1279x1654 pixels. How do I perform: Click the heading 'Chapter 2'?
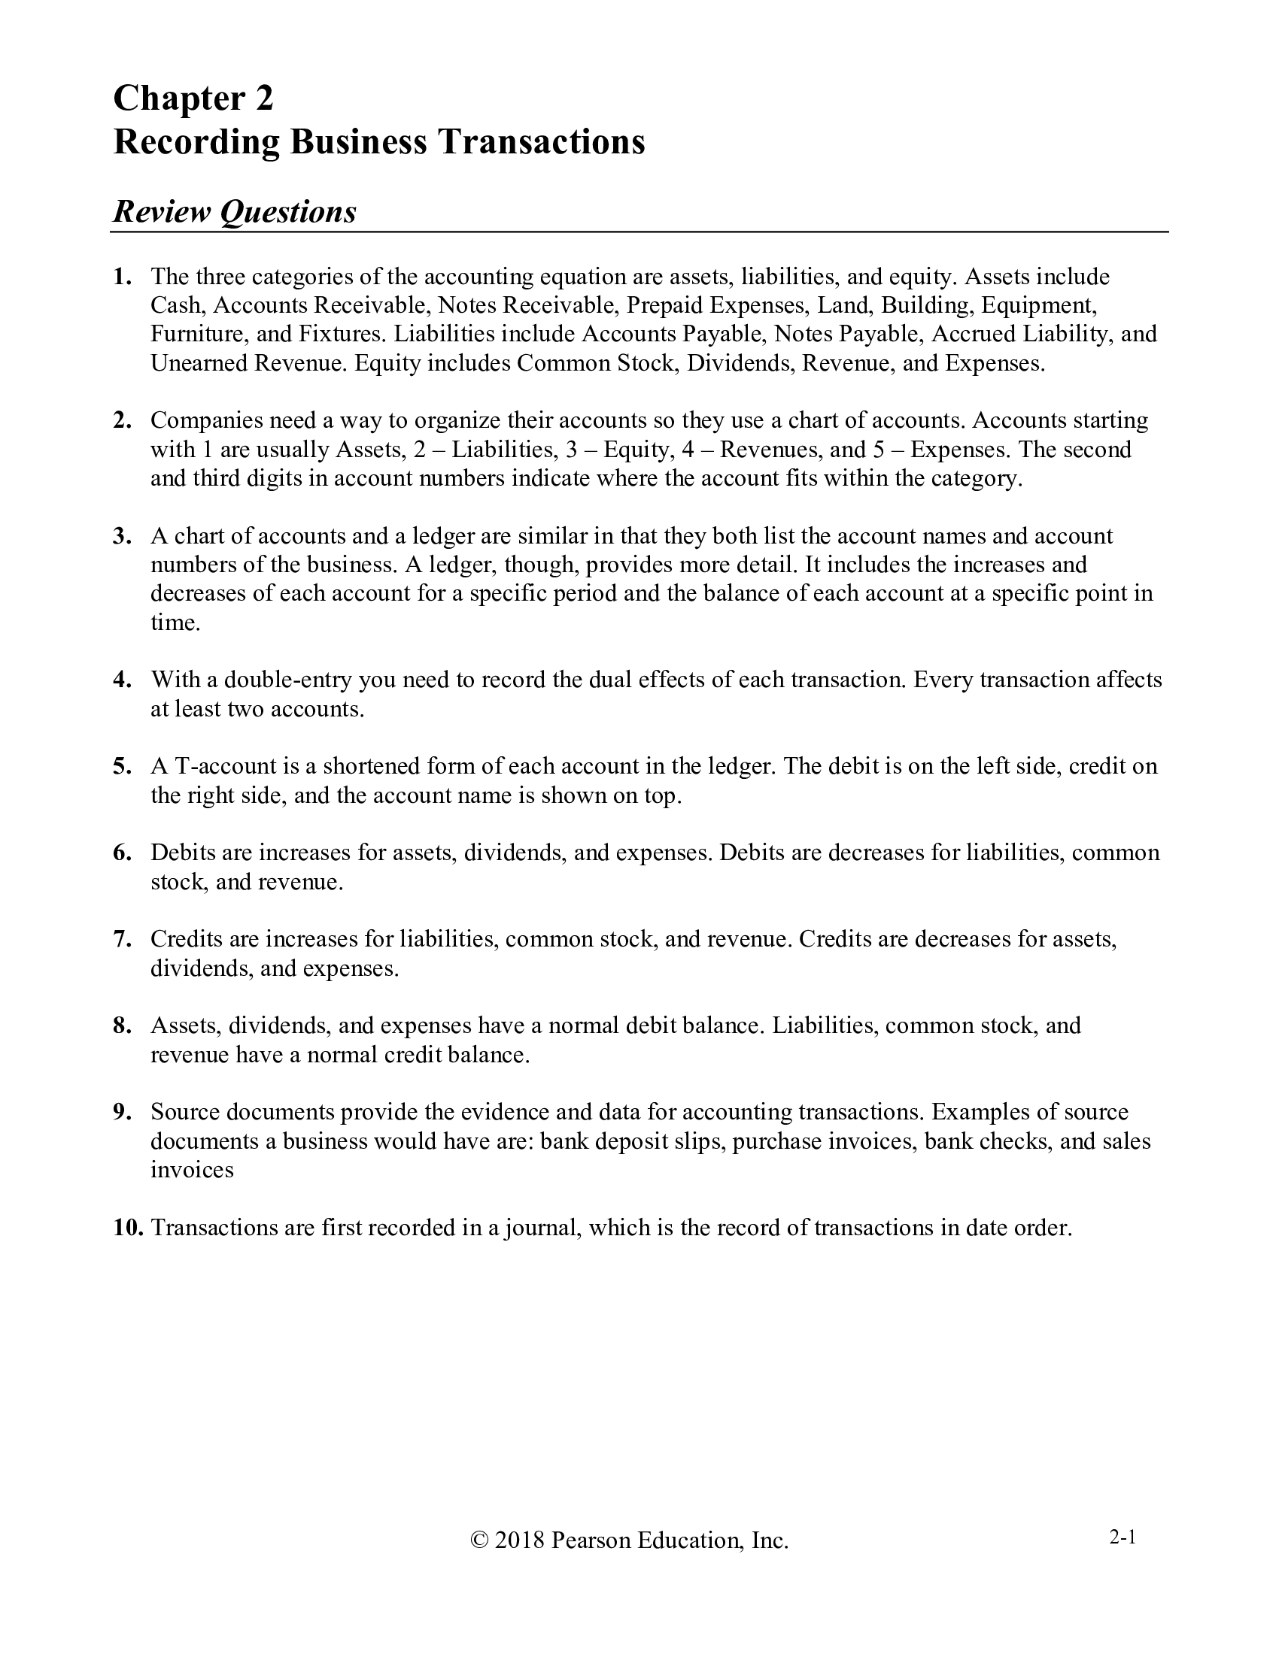point(193,98)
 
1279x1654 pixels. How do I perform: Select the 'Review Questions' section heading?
point(234,211)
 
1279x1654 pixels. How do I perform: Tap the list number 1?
point(121,277)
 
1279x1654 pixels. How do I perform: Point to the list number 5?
point(122,766)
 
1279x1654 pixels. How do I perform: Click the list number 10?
point(128,1228)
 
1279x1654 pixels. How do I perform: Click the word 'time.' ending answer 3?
point(175,623)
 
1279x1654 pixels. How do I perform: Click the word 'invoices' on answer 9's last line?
point(192,1170)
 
